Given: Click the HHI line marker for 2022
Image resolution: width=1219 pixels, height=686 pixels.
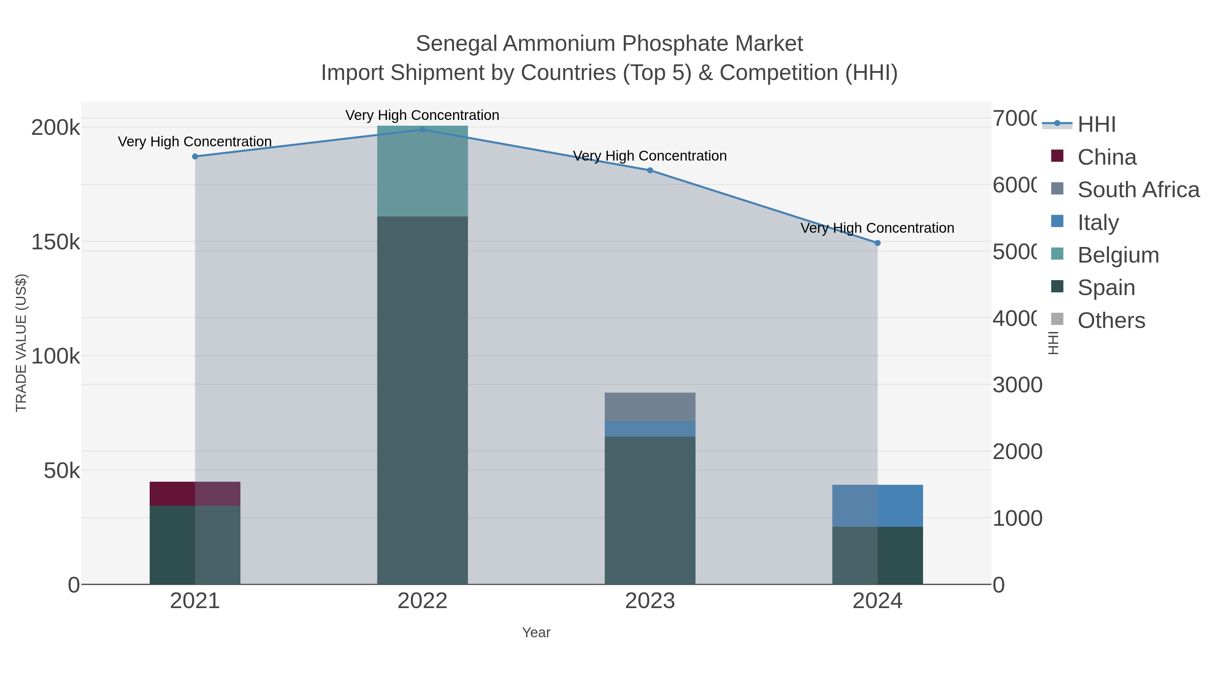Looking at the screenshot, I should [x=422, y=129].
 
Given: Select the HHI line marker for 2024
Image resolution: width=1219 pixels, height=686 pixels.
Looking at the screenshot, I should [x=877, y=243].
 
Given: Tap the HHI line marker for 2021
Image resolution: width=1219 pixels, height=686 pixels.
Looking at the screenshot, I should [x=195, y=156].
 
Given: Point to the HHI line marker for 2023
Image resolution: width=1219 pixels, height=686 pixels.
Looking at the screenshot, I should [x=650, y=170].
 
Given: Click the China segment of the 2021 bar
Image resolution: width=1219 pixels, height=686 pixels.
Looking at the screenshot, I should [x=195, y=493].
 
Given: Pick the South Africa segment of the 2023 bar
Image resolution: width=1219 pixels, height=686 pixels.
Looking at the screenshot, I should [x=650, y=406].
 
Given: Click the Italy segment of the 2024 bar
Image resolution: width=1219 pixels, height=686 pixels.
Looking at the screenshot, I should [x=877, y=505].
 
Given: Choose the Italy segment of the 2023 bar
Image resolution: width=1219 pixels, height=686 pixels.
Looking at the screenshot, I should [x=650, y=429].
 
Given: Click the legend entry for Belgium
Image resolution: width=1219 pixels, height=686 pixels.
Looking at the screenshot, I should [x=1118, y=255].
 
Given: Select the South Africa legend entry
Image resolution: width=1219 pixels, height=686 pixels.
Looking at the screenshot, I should [x=1138, y=189].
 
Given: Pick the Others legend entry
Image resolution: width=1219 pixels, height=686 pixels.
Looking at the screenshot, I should [x=1111, y=320].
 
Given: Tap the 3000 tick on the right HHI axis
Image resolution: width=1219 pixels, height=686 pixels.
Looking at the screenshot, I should [x=1017, y=385].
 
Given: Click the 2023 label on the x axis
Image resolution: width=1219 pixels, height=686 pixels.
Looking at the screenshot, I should [x=650, y=601].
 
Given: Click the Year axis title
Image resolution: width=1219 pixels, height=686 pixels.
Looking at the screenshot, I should [x=536, y=632].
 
